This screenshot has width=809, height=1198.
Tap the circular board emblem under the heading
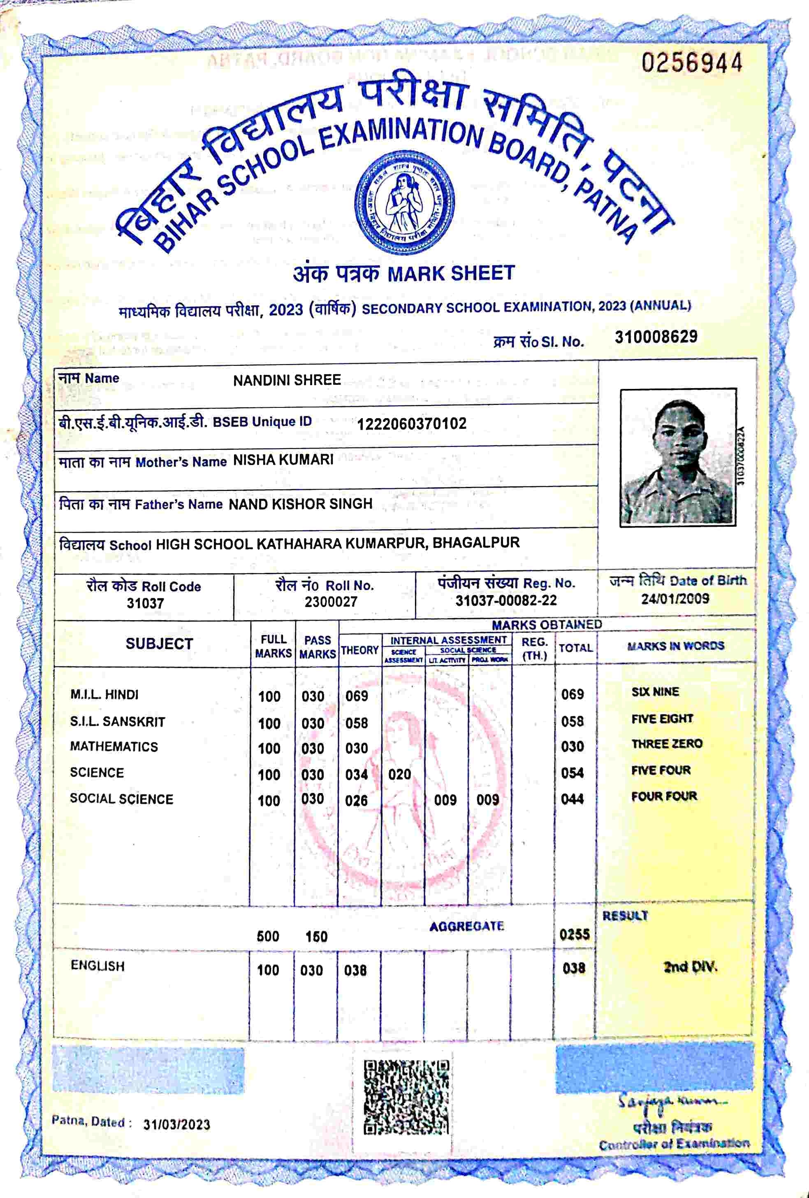(405, 204)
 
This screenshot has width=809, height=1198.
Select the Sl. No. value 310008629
(656, 337)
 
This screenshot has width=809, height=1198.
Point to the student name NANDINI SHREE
(287, 380)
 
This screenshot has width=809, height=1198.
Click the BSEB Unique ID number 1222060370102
(412, 424)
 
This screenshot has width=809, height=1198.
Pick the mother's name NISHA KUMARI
(283, 460)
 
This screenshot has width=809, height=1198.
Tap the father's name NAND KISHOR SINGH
(300, 504)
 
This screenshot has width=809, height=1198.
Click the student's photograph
(678, 458)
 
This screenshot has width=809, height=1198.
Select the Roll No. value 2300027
(331, 602)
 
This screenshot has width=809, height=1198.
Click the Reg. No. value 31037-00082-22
(506, 600)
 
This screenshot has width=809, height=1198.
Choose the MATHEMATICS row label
(114, 747)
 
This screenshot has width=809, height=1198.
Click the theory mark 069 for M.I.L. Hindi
(357, 696)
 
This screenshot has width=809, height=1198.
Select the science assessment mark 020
(400, 774)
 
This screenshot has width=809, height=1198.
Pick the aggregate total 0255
(575, 935)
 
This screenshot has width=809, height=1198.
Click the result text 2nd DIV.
(691, 967)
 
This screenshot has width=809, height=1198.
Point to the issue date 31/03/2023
(177, 1125)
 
